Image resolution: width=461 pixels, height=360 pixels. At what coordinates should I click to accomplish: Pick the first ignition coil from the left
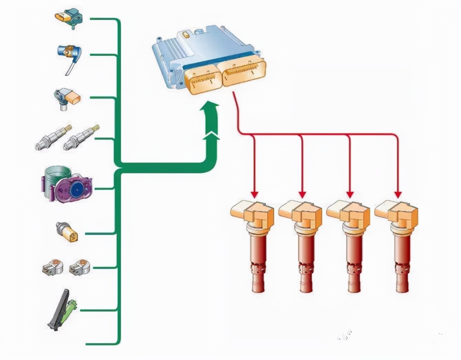click(x=252, y=244)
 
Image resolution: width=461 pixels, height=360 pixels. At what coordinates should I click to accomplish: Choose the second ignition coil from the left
click(x=301, y=244)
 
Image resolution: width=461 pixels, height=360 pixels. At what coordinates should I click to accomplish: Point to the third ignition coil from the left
click(x=349, y=244)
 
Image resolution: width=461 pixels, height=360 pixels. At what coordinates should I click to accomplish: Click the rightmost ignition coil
click(x=397, y=244)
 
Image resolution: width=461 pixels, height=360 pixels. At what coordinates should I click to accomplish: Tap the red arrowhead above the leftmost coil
click(x=254, y=193)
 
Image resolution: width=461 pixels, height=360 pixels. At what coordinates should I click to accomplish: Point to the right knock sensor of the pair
click(x=79, y=267)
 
